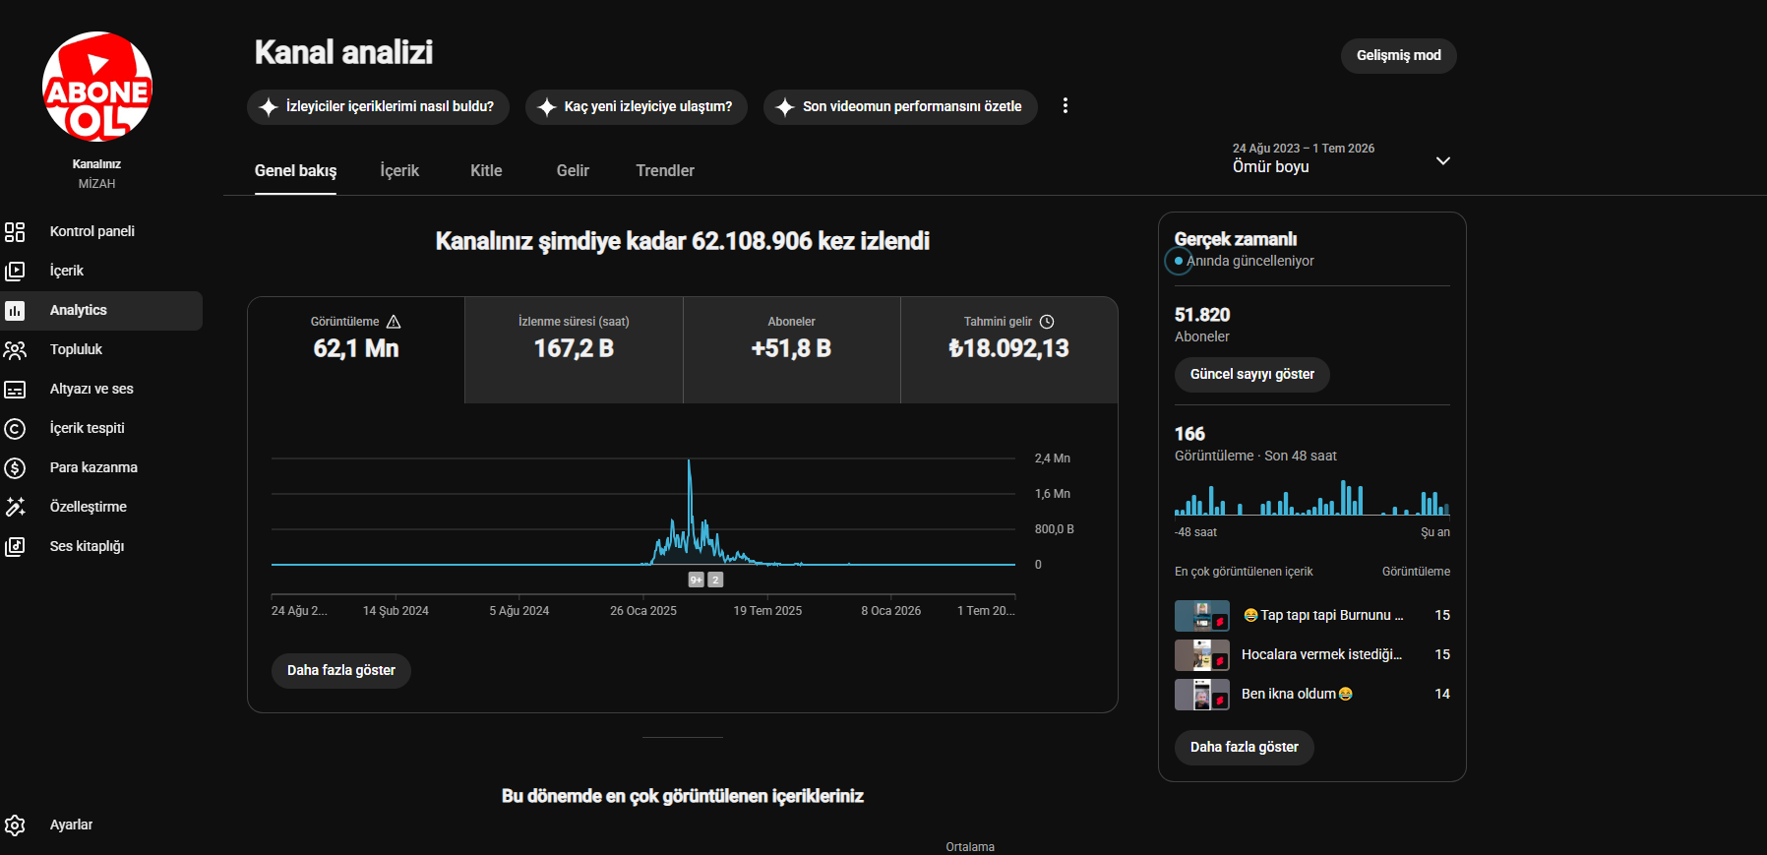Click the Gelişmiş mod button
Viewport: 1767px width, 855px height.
pyautogui.click(x=1398, y=55)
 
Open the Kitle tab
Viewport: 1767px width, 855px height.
pyautogui.click(x=486, y=170)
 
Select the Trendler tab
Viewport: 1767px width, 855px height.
pyautogui.click(x=665, y=170)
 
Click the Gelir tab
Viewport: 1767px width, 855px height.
pyautogui.click(x=573, y=170)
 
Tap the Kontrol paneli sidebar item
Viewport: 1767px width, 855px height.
pyautogui.click(x=91, y=231)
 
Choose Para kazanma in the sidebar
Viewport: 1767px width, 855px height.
pyautogui.click(x=93, y=467)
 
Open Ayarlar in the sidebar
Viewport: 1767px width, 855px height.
pyautogui.click(x=71, y=824)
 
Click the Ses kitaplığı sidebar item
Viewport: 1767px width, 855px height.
pyautogui.click(x=87, y=546)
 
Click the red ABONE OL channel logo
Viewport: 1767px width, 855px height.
pyautogui.click(x=97, y=87)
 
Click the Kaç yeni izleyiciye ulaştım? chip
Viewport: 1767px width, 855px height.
pyautogui.click(x=637, y=106)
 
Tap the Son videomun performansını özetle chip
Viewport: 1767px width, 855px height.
pyautogui.click(x=900, y=106)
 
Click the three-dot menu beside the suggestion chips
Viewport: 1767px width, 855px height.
pyautogui.click(x=1065, y=105)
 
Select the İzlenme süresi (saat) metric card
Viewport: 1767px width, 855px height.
pyautogui.click(x=574, y=350)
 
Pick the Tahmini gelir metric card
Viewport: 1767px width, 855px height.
pyautogui.click(x=1008, y=350)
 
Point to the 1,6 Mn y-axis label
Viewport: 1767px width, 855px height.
pyautogui.click(x=1052, y=494)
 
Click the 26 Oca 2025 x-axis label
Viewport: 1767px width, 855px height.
pyautogui.click(x=643, y=611)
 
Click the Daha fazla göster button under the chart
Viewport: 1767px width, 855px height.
pyautogui.click(x=341, y=670)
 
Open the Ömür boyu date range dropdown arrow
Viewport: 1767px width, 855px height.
pyautogui.click(x=1443, y=160)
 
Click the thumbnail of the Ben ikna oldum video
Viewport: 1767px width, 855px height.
pyautogui.click(x=1202, y=695)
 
